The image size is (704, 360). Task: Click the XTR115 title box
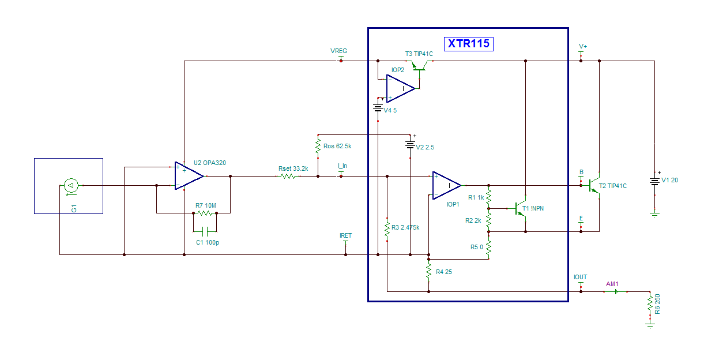pyautogui.click(x=469, y=44)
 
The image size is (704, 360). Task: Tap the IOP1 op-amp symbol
pyautogui.click(x=447, y=186)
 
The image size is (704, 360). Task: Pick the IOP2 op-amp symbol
pyautogui.click(x=401, y=89)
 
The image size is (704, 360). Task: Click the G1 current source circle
pyautogui.click(x=71, y=186)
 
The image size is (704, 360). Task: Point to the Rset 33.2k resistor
pyautogui.click(x=288, y=177)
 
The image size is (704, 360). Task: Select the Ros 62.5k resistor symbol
pyautogui.click(x=318, y=146)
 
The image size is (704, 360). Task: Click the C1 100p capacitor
pyautogui.click(x=205, y=231)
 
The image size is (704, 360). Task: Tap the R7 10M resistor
pyautogui.click(x=205, y=213)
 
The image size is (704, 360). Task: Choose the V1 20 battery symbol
pyautogui.click(x=654, y=181)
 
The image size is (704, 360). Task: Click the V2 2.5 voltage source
pyautogui.click(x=410, y=145)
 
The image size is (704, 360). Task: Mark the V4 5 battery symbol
pyautogui.click(x=378, y=108)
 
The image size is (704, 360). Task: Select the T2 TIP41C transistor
pyautogui.click(x=594, y=186)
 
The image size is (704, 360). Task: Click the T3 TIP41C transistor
pyautogui.click(x=420, y=65)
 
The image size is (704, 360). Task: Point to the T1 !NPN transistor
pyautogui.click(x=521, y=208)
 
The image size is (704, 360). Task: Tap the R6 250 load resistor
pyautogui.click(x=650, y=305)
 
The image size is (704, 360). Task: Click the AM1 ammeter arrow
pyautogui.click(x=616, y=292)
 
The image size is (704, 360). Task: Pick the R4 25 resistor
pyautogui.click(x=429, y=271)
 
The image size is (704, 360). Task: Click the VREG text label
pyautogui.click(x=339, y=51)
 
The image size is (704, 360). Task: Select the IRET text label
pyautogui.click(x=346, y=235)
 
